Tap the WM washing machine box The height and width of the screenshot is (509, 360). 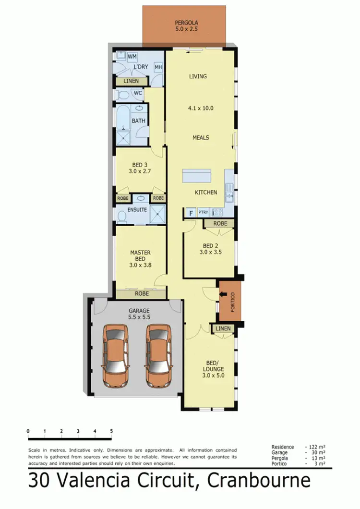[132, 57]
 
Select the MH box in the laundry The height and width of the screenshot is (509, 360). [158, 68]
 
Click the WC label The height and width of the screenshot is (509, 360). [137, 93]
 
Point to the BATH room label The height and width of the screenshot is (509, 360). [139, 121]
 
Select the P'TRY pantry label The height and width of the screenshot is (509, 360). [204, 212]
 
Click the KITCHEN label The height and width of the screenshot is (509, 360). [205, 192]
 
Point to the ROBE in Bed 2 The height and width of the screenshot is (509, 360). [220, 223]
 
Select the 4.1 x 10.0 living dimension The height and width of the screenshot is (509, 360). [200, 108]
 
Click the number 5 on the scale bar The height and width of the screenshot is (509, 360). [111, 431]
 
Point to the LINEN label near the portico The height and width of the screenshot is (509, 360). [223, 328]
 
